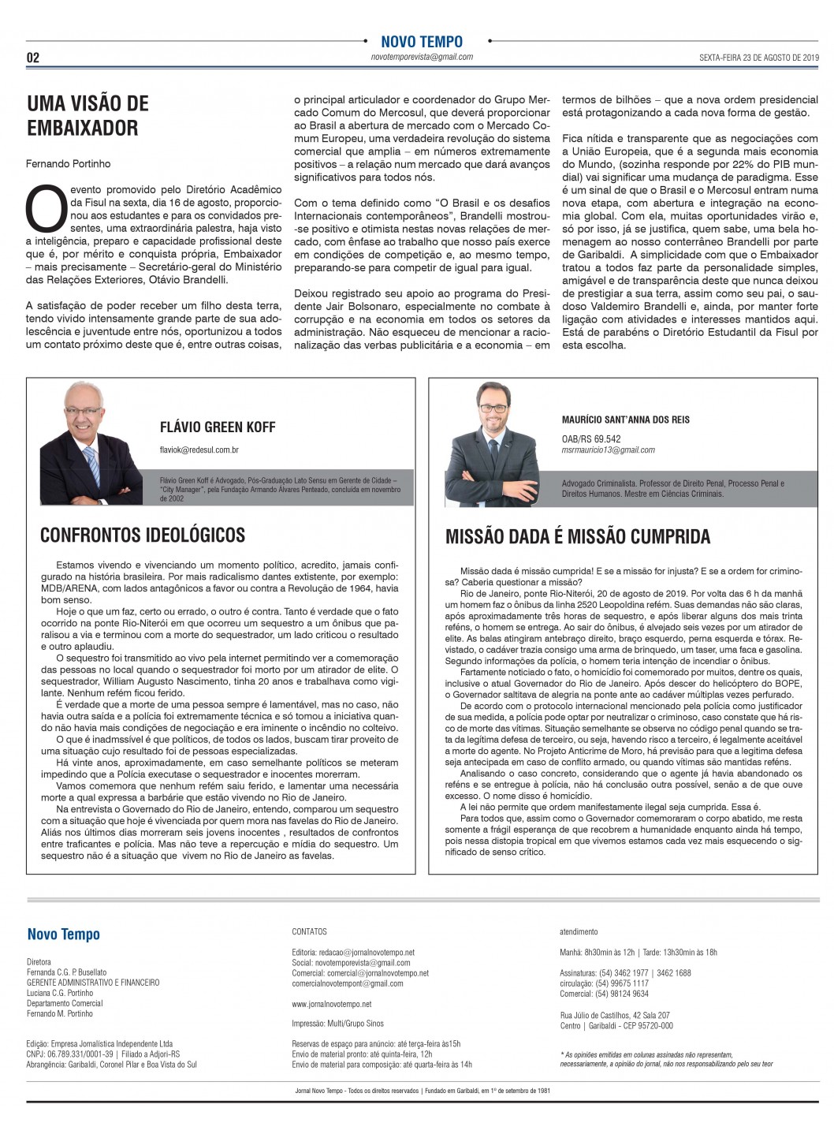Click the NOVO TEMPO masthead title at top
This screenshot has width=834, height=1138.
pos(422,42)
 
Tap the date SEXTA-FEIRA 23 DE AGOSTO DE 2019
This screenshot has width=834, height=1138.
pos(760,58)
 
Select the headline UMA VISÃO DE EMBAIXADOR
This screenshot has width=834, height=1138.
pos(87,115)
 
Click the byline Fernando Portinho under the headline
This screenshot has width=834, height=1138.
pos(69,163)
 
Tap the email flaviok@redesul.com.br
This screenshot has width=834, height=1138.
pos(199,450)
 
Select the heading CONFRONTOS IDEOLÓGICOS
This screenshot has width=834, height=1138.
pos(143,535)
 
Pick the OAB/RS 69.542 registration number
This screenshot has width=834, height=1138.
pos(591,439)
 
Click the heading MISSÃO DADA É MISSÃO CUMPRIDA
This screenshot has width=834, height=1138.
pos(578,537)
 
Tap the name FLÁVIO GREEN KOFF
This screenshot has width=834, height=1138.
pos(218,427)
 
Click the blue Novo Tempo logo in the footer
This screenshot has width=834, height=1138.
pos(64,935)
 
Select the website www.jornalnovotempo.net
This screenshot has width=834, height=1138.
pos(331,1004)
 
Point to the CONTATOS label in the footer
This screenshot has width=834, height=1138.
pos(309,931)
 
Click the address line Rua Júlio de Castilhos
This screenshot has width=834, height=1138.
pos(615,1015)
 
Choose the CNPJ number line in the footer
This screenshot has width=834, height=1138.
pos(103,1054)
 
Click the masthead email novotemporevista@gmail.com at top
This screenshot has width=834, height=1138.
pos(422,57)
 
